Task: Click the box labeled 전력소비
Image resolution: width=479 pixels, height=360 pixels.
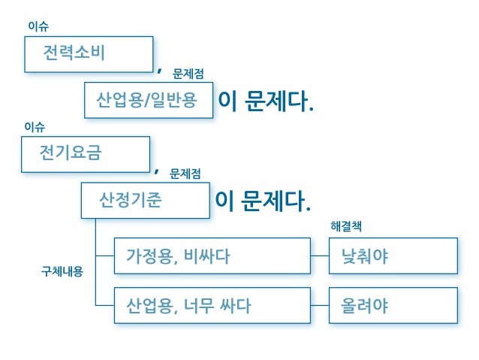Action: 88,54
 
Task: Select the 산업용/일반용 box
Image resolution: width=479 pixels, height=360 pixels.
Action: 149,101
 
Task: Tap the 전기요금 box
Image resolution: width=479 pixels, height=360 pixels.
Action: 85,154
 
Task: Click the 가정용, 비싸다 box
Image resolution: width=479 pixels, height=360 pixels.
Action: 212,256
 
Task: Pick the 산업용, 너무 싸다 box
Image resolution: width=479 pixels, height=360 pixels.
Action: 212,306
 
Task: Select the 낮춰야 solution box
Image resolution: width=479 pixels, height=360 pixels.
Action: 393,256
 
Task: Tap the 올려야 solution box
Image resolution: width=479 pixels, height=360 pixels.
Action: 393,306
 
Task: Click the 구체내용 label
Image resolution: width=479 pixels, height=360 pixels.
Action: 62,271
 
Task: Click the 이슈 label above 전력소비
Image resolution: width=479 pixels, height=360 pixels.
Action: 38,26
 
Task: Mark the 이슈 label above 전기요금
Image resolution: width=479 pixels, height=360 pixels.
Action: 35,127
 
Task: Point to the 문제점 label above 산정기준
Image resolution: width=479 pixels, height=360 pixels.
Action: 185,174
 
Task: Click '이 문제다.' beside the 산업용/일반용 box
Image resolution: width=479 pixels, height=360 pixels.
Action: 265,101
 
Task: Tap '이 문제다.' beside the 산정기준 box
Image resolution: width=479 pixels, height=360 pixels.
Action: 262,201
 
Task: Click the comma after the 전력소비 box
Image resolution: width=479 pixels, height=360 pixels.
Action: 159,71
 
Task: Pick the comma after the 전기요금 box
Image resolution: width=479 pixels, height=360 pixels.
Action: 156,171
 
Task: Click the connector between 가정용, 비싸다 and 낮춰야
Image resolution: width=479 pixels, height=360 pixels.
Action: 320,256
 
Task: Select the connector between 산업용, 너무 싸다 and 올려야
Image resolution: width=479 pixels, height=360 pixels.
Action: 320,306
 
